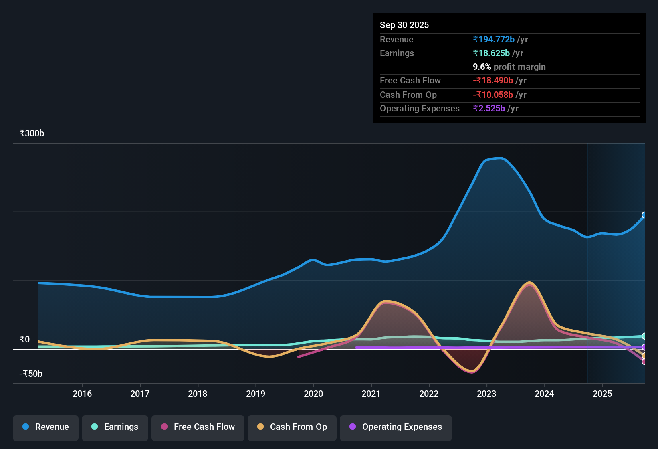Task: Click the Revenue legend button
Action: click(x=46, y=427)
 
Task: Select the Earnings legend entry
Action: click(x=115, y=427)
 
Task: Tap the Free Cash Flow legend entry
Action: click(x=198, y=427)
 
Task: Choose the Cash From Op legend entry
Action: click(x=292, y=427)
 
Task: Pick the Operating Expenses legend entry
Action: click(x=396, y=427)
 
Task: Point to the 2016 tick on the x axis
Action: click(x=82, y=394)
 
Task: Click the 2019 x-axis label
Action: click(x=256, y=394)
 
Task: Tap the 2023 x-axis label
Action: click(x=486, y=394)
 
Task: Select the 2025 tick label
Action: click(x=602, y=394)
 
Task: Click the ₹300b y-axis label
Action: click(x=32, y=133)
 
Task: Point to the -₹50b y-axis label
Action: click(x=31, y=374)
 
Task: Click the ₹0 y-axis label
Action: click(x=24, y=340)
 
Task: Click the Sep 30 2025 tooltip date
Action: click(x=404, y=25)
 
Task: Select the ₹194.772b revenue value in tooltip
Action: click(x=494, y=40)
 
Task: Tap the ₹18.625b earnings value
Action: click(x=491, y=53)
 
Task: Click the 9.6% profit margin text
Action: click(x=509, y=67)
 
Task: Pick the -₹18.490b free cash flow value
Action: click(x=493, y=81)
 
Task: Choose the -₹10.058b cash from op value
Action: click(x=493, y=95)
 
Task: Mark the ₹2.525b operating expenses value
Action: click(x=489, y=109)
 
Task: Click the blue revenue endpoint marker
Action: click(x=644, y=215)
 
